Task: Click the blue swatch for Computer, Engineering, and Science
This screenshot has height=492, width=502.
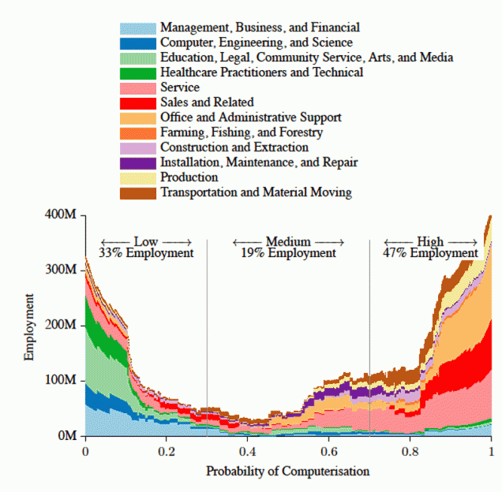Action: [137, 43]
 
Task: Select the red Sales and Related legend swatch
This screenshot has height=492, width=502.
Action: [137, 102]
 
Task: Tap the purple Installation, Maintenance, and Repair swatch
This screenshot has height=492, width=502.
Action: [137, 162]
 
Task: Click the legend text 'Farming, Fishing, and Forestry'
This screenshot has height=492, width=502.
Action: [241, 132]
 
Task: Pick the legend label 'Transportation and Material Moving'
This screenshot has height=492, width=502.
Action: [256, 192]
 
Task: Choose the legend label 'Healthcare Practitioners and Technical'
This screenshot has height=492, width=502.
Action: [261, 73]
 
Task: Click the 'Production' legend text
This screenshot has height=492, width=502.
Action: [189, 177]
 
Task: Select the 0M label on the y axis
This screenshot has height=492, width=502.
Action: [66, 436]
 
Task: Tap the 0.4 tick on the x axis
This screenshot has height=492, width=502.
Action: [248, 452]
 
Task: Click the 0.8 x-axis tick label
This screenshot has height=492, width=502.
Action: [410, 452]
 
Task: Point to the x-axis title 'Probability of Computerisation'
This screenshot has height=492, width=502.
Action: [287, 471]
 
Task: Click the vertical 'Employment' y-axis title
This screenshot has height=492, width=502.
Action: [29, 326]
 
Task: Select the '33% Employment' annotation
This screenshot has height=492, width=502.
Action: [146, 253]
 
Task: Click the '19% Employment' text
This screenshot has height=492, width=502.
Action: [288, 253]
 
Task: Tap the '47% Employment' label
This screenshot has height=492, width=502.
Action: [430, 253]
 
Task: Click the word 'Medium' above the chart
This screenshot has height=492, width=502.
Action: [288, 241]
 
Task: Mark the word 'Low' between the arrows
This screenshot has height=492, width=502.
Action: [146, 241]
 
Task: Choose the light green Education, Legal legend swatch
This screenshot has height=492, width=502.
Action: [137, 58]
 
